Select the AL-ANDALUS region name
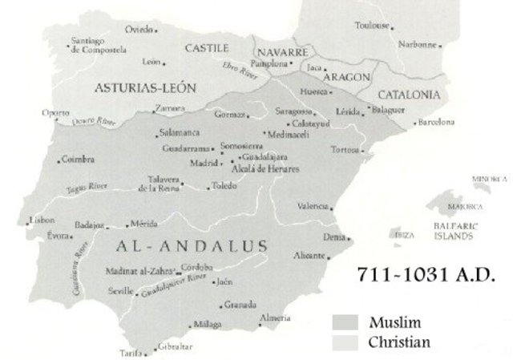point(180,243)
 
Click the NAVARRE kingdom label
point(283,51)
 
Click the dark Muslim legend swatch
point(345,324)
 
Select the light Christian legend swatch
point(345,342)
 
